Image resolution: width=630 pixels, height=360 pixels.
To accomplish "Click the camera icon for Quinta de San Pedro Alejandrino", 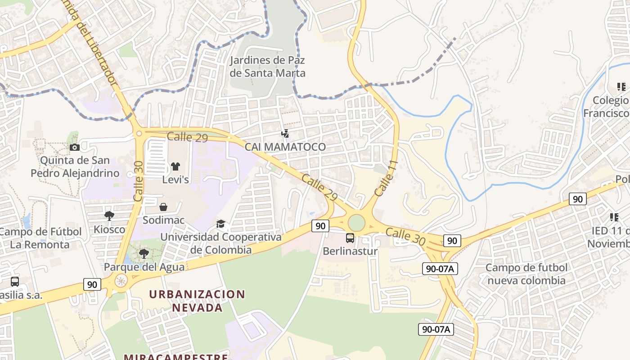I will [x=75, y=147].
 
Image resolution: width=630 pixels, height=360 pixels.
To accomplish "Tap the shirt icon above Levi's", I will [x=175, y=166].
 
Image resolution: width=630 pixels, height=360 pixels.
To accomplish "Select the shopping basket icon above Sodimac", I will [x=163, y=207].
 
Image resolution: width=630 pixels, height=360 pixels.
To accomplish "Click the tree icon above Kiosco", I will [x=109, y=216].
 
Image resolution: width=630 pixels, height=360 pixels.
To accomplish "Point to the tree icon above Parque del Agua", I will [x=144, y=254].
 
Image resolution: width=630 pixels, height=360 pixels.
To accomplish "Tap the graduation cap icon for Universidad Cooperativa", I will [x=220, y=224].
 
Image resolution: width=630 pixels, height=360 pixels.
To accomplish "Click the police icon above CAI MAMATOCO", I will [x=285, y=133].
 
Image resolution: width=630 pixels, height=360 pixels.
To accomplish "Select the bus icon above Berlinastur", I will [x=350, y=238].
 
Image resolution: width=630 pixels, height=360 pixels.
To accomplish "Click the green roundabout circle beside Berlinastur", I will [x=356, y=223].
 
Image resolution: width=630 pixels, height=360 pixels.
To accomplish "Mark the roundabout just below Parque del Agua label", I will [x=121, y=282].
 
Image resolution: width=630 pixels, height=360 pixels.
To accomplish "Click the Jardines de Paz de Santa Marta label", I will [x=267, y=67].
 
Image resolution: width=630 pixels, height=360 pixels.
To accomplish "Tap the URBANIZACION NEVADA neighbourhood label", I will [x=197, y=301].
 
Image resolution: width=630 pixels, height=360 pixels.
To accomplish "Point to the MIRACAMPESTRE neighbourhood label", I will [x=175, y=357].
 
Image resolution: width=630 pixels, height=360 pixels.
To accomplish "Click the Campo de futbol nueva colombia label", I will [x=526, y=274].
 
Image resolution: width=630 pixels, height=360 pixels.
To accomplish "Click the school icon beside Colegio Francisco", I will [x=621, y=87].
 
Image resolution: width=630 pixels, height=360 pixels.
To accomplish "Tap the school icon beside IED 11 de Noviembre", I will [x=614, y=217].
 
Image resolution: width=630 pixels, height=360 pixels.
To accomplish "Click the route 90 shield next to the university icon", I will [x=320, y=225].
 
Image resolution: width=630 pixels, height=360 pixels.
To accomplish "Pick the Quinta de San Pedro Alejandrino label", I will [x=75, y=166].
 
